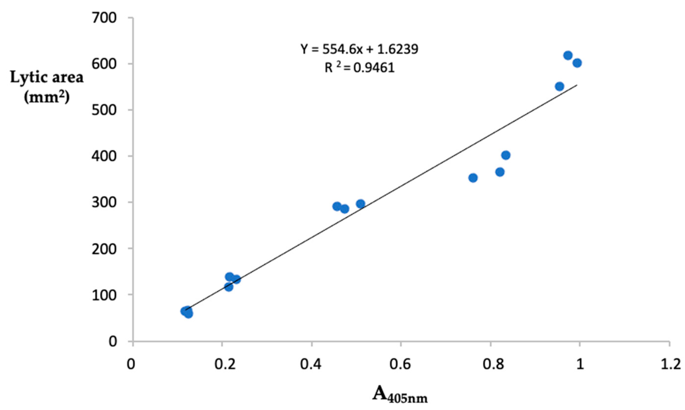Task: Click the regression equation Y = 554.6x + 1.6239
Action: point(359,50)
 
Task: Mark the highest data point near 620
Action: point(568,56)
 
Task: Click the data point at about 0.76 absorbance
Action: point(473,178)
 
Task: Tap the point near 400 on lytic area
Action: point(506,155)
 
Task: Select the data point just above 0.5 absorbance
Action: point(360,204)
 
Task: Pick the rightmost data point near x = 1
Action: point(577,63)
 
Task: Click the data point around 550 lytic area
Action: point(560,87)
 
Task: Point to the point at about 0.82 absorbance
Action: point(500,172)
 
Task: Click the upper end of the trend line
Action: point(576,85)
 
